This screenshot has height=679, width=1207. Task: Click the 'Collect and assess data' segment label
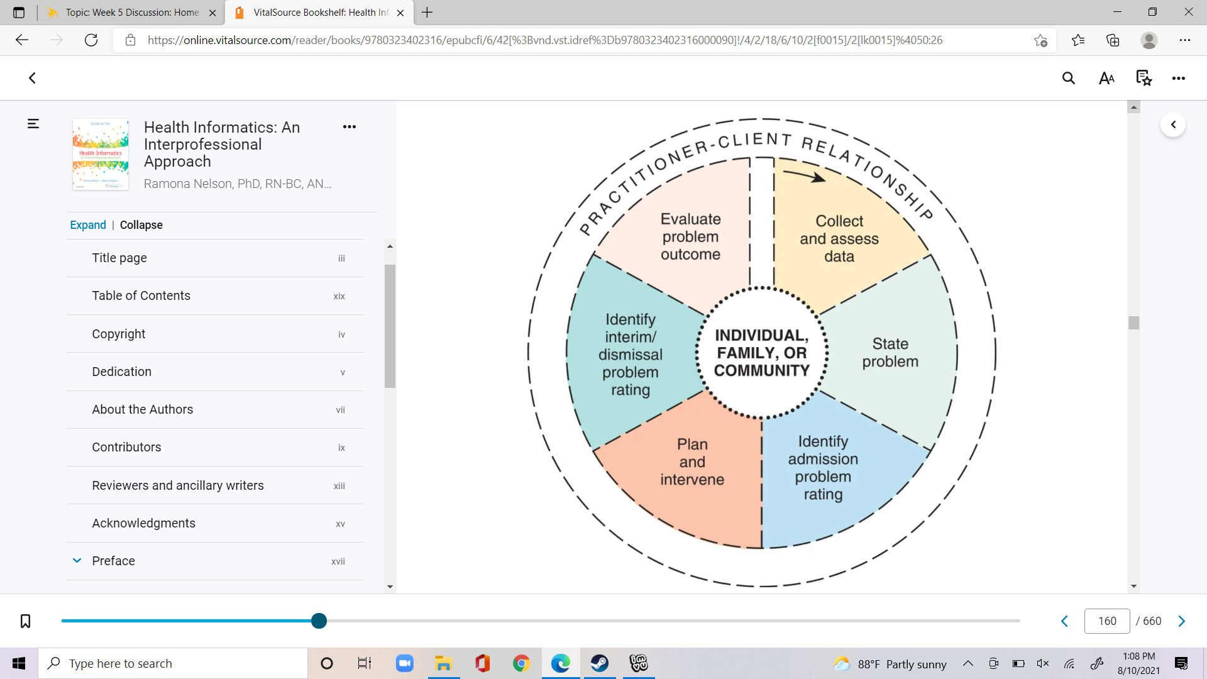(x=839, y=239)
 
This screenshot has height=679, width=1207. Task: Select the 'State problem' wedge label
(x=890, y=353)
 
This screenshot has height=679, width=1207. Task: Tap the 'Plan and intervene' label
(x=692, y=462)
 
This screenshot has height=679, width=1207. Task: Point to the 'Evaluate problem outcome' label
(x=690, y=237)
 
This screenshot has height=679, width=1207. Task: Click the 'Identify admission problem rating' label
(x=823, y=468)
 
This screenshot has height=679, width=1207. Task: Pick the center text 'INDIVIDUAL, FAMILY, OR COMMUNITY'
(x=762, y=353)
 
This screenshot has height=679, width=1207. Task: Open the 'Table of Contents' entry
(x=141, y=295)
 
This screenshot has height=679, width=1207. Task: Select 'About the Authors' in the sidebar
(x=142, y=409)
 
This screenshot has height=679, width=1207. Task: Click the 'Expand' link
(x=88, y=225)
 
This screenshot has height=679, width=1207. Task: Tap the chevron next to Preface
(x=77, y=561)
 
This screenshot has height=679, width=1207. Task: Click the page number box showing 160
(x=1107, y=621)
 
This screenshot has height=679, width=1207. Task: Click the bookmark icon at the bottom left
(x=25, y=621)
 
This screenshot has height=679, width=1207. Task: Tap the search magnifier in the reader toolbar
(x=1069, y=78)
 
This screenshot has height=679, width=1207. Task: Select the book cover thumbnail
(x=101, y=154)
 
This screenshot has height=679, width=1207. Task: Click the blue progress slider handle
(x=319, y=621)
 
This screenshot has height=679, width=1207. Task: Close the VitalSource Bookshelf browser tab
(x=400, y=13)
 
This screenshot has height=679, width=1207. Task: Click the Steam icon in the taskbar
(x=599, y=663)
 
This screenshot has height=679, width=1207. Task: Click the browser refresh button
(x=91, y=40)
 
